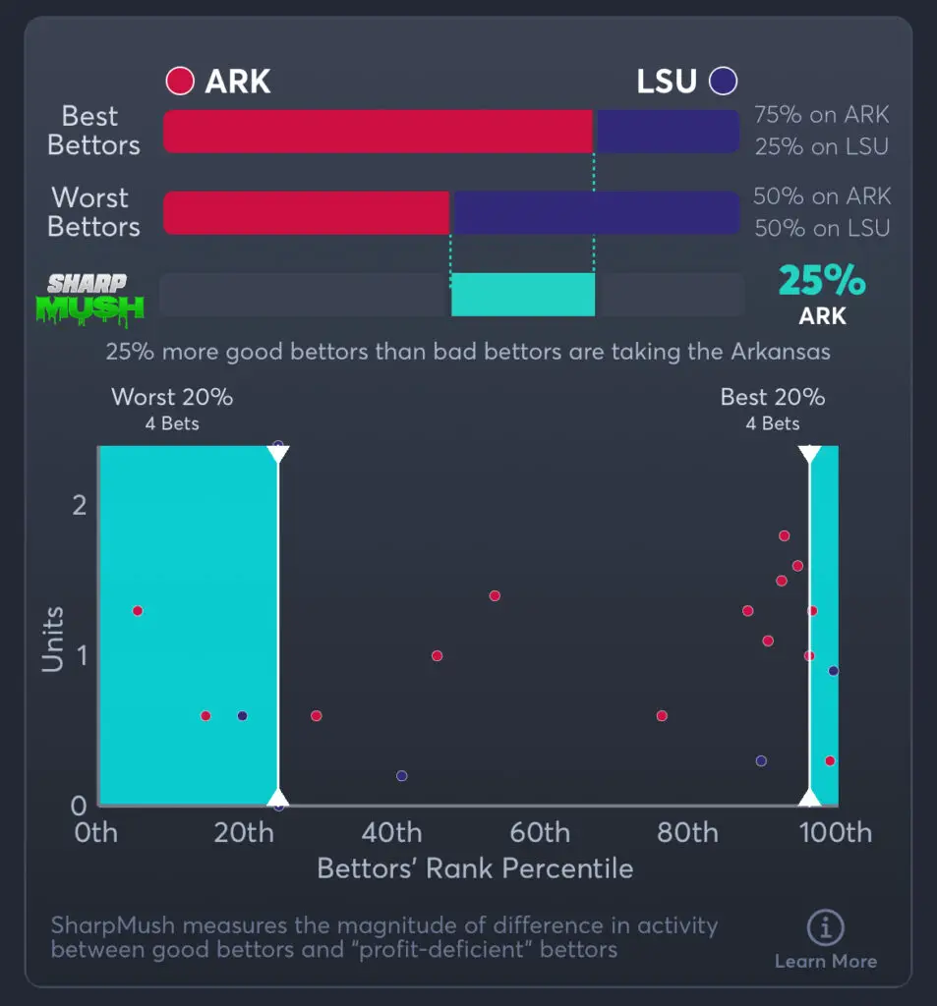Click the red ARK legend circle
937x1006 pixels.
(x=180, y=82)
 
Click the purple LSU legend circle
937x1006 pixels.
(x=724, y=82)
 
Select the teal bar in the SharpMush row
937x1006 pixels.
(x=523, y=295)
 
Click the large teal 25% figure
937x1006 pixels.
(x=822, y=282)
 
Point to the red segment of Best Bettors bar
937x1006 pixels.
(x=379, y=131)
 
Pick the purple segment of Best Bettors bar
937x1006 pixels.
(x=667, y=131)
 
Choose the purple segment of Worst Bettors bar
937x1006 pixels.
(x=594, y=212)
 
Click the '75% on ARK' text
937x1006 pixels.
(x=821, y=115)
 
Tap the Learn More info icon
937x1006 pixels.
(x=825, y=927)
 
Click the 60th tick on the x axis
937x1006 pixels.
(x=540, y=833)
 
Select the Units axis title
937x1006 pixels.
(x=53, y=640)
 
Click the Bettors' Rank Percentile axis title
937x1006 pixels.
(x=475, y=868)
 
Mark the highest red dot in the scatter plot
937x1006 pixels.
(x=784, y=535)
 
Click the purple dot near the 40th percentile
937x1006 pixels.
(x=401, y=776)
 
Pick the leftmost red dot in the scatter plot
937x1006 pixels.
(x=138, y=611)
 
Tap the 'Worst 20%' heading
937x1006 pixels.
(x=172, y=397)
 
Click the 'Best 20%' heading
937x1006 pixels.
(x=773, y=397)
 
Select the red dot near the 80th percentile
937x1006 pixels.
(x=662, y=715)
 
